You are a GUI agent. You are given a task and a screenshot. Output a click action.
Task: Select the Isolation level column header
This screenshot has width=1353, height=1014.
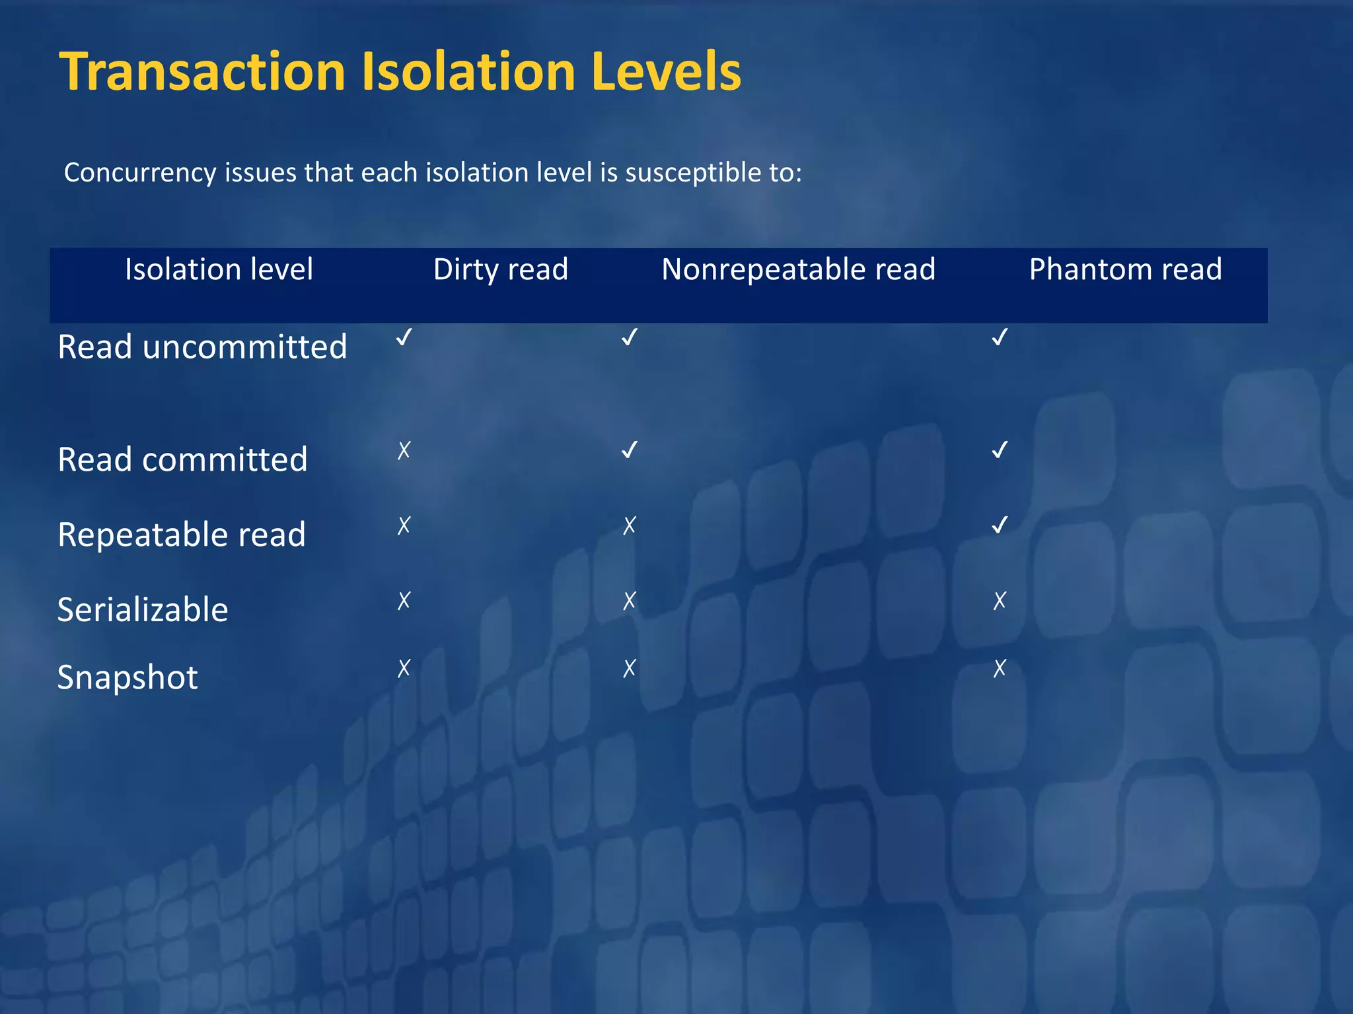pos(219,269)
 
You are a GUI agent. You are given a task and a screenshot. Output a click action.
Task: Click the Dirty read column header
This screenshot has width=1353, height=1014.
pos(500,269)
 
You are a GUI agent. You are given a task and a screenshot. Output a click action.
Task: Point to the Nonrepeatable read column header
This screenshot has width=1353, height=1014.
pos(798,269)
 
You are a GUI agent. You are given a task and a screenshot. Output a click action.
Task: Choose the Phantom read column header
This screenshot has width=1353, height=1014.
pos(1125,269)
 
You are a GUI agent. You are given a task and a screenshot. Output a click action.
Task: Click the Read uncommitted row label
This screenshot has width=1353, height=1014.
pos(202,347)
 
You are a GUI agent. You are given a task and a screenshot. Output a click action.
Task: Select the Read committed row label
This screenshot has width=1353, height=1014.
pos(182,459)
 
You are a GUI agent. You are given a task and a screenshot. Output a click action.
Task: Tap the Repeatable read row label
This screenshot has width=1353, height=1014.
pos(182,534)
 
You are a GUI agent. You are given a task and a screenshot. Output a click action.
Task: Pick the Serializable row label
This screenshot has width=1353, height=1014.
pos(143,609)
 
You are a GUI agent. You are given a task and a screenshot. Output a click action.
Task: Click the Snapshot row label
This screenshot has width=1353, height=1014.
pos(128,677)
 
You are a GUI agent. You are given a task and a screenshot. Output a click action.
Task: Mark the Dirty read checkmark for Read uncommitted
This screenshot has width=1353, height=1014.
pos(404,337)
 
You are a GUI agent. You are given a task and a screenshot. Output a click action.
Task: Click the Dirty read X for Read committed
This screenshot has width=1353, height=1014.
pos(404,451)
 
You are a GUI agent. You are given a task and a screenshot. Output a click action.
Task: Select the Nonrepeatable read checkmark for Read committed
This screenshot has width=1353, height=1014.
pos(630,450)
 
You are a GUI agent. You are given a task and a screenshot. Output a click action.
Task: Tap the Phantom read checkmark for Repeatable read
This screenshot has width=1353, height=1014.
pos(1000,525)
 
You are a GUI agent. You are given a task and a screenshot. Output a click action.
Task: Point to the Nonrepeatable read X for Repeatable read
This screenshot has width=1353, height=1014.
pos(630,526)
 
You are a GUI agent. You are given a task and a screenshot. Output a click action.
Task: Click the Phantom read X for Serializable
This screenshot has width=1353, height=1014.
pos(1000,601)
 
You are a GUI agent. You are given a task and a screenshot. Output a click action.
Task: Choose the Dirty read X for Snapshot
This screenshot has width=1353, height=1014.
pos(404,669)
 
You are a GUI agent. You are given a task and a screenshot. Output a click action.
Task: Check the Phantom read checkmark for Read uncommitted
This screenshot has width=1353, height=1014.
pos(1000,337)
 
